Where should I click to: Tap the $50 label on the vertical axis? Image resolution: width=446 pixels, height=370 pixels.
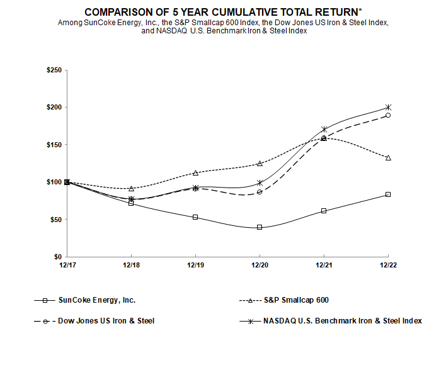pyautogui.click(x=55, y=220)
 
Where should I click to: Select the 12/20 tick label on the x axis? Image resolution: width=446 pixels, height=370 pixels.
pyautogui.click(x=260, y=266)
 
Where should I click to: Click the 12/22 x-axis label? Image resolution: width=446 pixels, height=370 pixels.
pyautogui.click(x=388, y=266)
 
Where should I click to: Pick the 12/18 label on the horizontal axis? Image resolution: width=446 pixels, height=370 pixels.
pyautogui.click(x=131, y=266)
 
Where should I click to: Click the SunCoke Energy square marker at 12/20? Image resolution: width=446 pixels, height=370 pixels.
pyautogui.click(x=260, y=227)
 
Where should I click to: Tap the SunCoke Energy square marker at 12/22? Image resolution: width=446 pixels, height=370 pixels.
pyautogui.click(x=388, y=194)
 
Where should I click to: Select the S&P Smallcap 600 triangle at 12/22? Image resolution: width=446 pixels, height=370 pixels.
pyautogui.click(x=388, y=157)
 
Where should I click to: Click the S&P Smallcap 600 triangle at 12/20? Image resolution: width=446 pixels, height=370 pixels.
pyautogui.click(x=260, y=163)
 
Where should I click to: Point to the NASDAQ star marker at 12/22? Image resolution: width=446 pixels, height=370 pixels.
pyautogui.click(x=388, y=107)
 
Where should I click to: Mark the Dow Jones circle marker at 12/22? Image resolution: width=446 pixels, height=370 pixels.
pyautogui.click(x=388, y=115)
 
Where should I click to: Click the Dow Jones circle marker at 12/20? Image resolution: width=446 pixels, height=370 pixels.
pyautogui.click(x=260, y=192)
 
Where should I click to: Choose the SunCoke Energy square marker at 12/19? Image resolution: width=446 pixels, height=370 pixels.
pyautogui.click(x=195, y=217)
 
